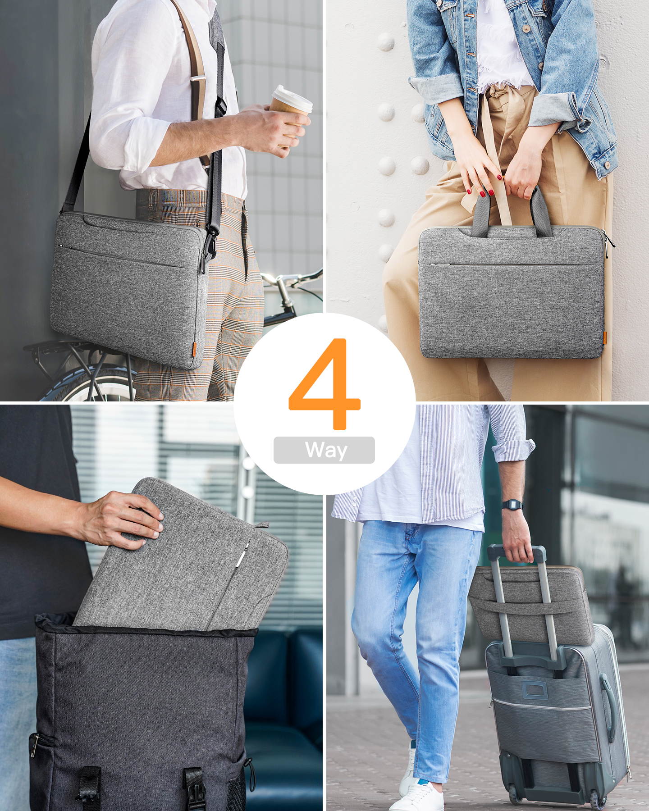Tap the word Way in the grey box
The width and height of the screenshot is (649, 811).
point(324,450)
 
